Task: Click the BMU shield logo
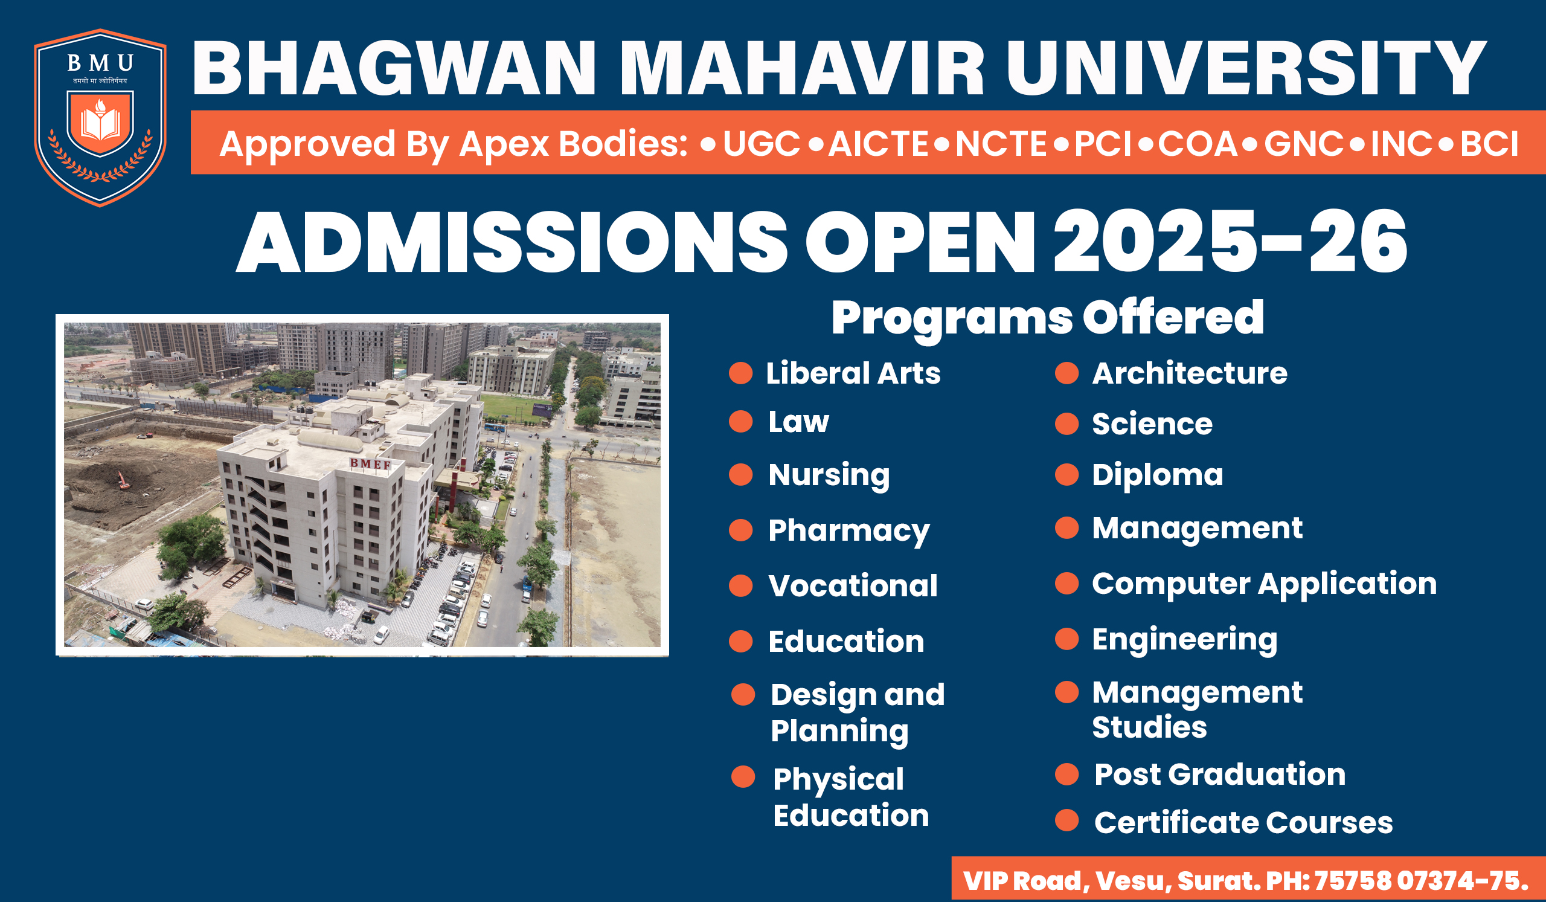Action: coord(100,117)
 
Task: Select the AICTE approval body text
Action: coord(878,144)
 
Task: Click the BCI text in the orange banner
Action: coord(1489,144)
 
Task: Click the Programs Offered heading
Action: coord(1047,318)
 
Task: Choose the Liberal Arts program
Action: coord(853,373)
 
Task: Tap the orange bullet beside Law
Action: coord(740,422)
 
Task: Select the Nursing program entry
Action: coord(829,475)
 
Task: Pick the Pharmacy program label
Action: coord(849,531)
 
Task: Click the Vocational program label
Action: coord(853,586)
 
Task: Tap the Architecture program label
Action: coord(1190,373)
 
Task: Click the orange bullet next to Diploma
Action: coord(1067,474)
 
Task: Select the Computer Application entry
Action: coord(1265,584)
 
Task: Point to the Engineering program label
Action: coord(1185,640)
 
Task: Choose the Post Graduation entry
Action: coord(1220,775)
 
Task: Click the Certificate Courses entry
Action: coord(1243,823)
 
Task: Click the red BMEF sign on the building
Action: coord(371,464)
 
